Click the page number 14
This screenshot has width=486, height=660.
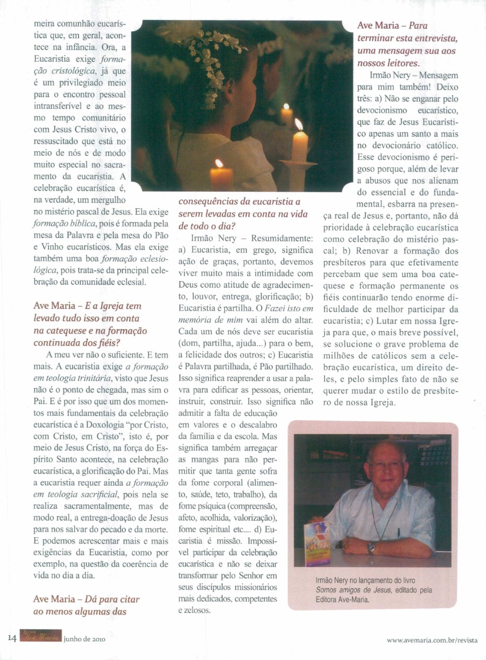tap(12, 638)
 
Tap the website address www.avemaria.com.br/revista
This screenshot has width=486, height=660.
tap(432, 639)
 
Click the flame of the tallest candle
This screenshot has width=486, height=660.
tap(298, 124)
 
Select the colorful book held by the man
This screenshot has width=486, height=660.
tap(318, 542)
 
